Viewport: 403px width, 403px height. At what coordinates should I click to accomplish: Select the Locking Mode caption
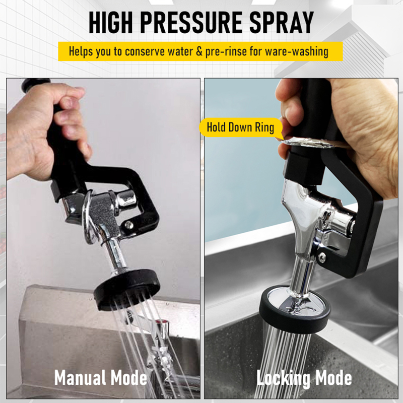pyautogui.click(x=304, y=378)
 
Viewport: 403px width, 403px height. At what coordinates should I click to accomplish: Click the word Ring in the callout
pyautogui.click(x=263, y=126)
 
